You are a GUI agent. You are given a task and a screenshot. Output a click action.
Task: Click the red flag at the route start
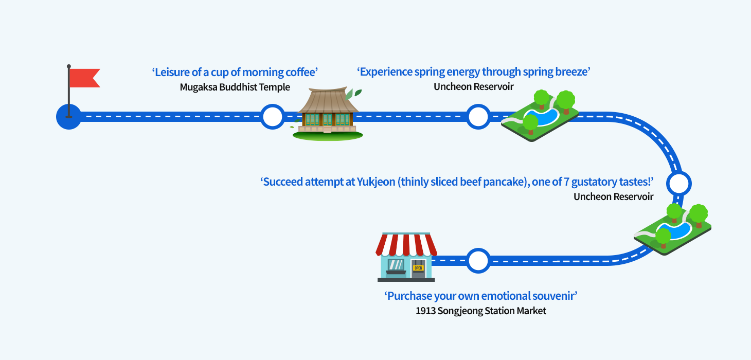coord(84,78)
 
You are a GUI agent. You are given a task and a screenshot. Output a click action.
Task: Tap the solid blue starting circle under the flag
coord(68,117)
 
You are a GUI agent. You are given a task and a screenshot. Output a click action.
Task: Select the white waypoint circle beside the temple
coord(272,117)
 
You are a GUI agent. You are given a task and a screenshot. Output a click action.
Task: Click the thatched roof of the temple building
coord(328,101)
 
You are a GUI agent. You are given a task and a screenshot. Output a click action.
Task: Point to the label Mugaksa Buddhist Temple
coord(235,87)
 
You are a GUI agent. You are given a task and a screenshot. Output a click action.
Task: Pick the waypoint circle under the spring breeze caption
coord(478,117)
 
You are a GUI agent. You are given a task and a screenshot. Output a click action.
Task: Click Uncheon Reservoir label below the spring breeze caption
coord(473,86)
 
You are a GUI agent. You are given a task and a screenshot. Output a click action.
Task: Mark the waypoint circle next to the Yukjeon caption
coord(678,183)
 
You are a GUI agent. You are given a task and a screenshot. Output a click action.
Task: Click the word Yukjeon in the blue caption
coord(375,182)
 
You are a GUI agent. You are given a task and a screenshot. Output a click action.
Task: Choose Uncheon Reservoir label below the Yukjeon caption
coord(613,196)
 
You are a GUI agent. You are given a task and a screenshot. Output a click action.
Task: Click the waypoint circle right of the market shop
coord(478,260)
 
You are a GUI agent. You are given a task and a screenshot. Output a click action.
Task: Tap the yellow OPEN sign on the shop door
coord(418,268)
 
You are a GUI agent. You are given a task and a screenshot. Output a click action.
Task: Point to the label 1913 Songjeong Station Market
coord(481,311)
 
